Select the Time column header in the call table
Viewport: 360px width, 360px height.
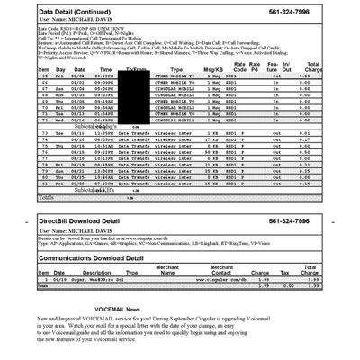106,68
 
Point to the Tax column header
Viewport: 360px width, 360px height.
285,272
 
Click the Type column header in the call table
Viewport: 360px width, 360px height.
176,68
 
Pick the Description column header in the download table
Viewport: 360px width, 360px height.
97,272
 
